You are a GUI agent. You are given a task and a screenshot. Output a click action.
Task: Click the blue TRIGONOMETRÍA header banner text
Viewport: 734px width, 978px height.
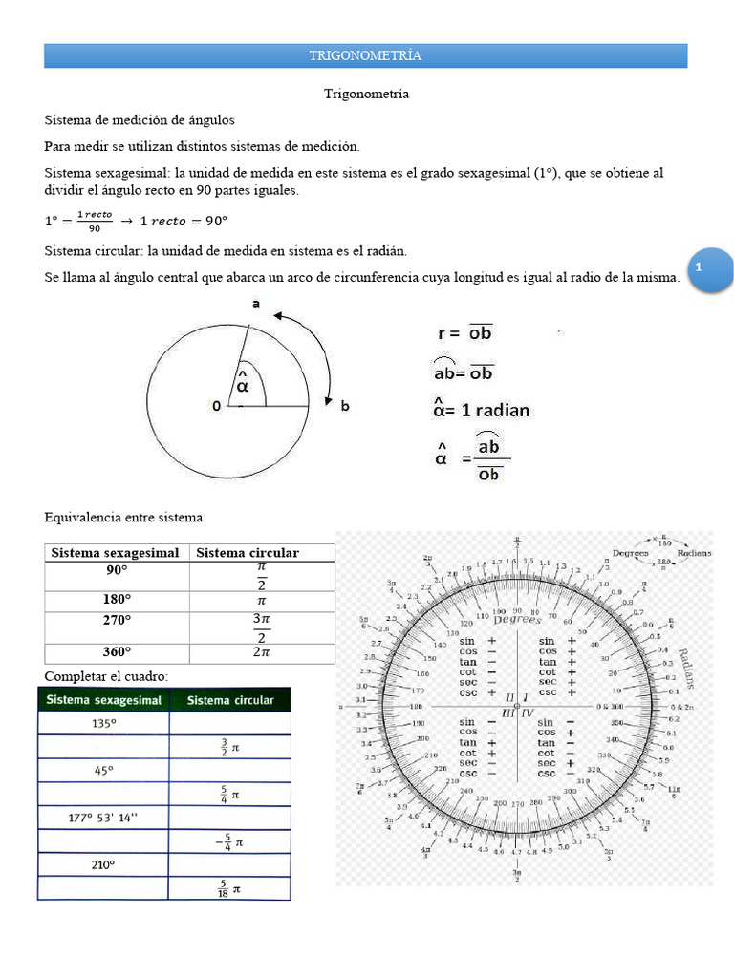(365, 55)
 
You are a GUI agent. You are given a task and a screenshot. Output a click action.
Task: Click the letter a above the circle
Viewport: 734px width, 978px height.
(255, 304)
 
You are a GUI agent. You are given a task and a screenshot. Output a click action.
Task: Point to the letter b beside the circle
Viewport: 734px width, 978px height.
(345, 406)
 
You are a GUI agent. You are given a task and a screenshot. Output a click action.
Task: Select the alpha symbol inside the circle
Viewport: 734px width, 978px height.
(243, 382)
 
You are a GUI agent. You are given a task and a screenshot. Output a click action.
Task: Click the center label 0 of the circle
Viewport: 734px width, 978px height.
(216, 406)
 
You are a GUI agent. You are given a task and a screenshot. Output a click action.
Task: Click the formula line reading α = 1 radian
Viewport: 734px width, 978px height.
(482, 410)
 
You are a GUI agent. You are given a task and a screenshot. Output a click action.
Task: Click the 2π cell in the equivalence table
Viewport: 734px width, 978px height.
(261, 653)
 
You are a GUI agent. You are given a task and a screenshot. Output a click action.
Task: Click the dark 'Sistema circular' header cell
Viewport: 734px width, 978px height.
(230, 700)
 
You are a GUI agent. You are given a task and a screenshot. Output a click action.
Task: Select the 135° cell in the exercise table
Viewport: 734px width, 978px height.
(103, 724)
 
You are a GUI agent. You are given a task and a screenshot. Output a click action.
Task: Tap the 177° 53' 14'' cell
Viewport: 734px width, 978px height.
(103, 818)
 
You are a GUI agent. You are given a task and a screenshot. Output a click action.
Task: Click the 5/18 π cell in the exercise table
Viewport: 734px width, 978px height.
(229, 888)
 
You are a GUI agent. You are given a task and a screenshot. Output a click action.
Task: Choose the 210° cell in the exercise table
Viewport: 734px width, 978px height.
(103, 864)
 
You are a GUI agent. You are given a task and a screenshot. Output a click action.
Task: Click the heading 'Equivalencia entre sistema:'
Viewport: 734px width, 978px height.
(125, 517)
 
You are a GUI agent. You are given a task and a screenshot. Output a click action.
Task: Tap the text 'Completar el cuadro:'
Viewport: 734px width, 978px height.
(106, 676)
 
